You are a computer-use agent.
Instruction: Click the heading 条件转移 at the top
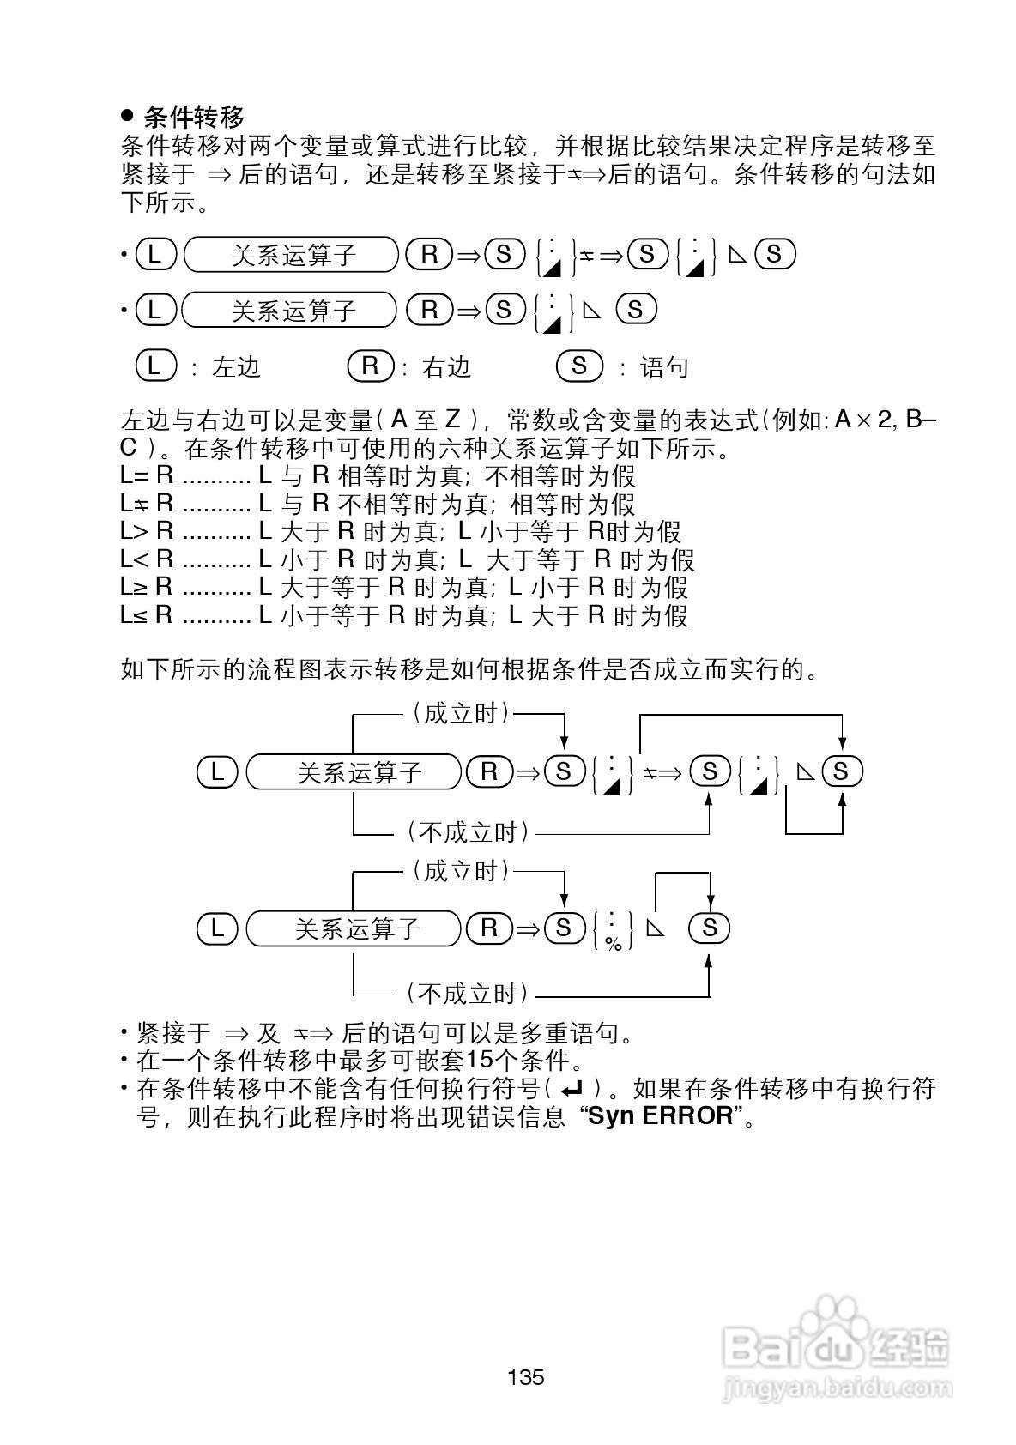[x=195, y=117]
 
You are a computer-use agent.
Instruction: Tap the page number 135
[x=525, y=1378]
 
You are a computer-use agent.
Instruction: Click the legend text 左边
[x=236, y=367]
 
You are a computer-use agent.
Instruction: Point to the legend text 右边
[x=447, y=367]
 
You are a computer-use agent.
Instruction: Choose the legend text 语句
[x=665, y=367]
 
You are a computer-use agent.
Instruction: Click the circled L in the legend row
[x=155, y=366]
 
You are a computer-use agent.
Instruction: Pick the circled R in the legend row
[x=370, y=366]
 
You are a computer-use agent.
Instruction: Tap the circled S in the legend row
[x=579, y=366]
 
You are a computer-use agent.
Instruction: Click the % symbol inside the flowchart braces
[x=613, y=943]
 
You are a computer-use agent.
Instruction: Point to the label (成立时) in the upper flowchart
[x=460, y=713]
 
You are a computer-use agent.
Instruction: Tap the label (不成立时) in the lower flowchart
[x=467, y=995]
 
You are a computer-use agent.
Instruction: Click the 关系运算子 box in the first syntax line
[x=293, y=255]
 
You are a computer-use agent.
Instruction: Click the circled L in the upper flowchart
[x=217, y=771]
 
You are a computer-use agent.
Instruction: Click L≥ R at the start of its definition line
[x=147, y=588]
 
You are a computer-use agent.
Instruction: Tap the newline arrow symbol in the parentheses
[x=571, y=1090]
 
